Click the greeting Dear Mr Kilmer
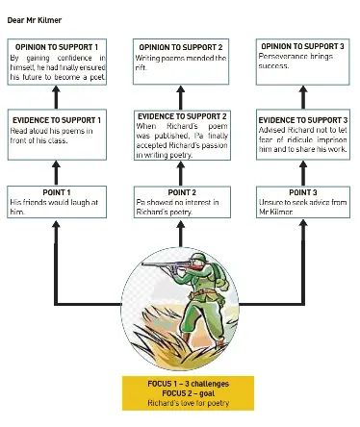(x=35, y=20)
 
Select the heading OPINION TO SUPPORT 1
(x=57, y=47)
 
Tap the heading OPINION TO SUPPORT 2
(x=181, y=47)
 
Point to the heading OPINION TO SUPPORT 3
(x=302, y=46)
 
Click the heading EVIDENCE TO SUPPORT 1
(x=57, y=120)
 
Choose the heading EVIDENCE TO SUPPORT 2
(x=182, y=116)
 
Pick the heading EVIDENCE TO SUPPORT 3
(x=303, y=120)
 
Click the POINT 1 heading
(x=57, y=192)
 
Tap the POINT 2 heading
(x=182, y=192)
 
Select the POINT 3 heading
(x=303, y=192)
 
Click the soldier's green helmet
(x=199, y=257)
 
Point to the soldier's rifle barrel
(x=157, y=264)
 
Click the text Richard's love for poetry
(x=189, y=403)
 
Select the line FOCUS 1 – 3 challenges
(x=189, y=384)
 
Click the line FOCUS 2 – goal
(x=189, y=393)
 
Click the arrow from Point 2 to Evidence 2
(x=181, y=173)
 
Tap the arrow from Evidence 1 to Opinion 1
(x=56, y=97)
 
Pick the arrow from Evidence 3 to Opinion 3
(x=303, y=97)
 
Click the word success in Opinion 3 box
(x=273, y=66)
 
